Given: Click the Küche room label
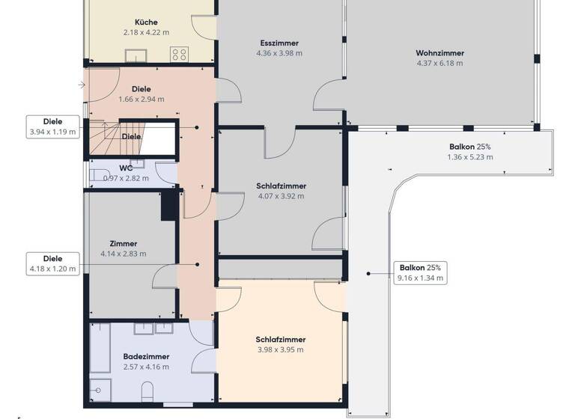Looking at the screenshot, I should [146, 22].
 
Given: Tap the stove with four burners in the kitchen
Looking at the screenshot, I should [180, 54].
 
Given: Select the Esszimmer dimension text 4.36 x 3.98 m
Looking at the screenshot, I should [279, 54].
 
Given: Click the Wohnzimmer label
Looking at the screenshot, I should [439, 53].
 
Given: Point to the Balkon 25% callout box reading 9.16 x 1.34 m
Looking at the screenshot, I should [420, 272].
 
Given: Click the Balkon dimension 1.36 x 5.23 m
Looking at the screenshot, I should [470, 157].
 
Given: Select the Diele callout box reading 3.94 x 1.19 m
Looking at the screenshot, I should [52, 126].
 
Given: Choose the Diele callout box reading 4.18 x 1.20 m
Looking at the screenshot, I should [52, 264].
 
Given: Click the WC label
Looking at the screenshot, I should [126, 168].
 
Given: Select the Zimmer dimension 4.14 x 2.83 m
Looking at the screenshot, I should [123, 254].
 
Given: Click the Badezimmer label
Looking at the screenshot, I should [146, 357].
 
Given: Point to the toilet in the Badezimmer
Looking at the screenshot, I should [147, 391].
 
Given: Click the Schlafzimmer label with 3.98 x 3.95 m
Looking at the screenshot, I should [280, 340].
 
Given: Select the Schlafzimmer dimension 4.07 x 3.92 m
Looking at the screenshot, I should [280, 196].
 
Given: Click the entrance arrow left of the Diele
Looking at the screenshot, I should [81, 86].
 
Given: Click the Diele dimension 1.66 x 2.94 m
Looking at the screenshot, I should [141, 99].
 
